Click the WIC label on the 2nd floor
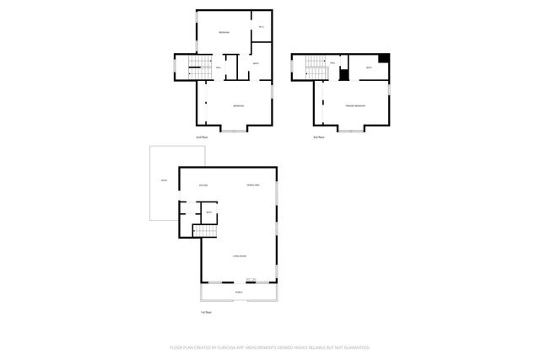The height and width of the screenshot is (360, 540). point(261,29)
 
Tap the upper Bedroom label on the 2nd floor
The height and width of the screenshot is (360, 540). point(224,33)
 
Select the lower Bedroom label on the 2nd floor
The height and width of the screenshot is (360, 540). point(239,105)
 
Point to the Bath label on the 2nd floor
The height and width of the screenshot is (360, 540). point(256,64)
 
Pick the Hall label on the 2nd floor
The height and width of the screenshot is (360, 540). point(219,67)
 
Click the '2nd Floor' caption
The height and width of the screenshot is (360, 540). point(201,137)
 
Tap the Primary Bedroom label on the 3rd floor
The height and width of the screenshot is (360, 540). point(355,105)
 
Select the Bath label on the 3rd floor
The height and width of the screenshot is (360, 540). point(369,67)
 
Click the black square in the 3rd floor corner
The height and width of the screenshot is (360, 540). point(385,58)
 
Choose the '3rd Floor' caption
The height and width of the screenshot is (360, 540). point(318,137)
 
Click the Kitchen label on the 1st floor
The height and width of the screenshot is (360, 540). point(203,185)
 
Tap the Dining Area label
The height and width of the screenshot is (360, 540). point(252,185)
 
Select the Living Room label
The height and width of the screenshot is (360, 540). point(240,255)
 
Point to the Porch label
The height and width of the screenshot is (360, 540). point(240,293)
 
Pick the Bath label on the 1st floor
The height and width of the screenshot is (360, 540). point(209,212)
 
